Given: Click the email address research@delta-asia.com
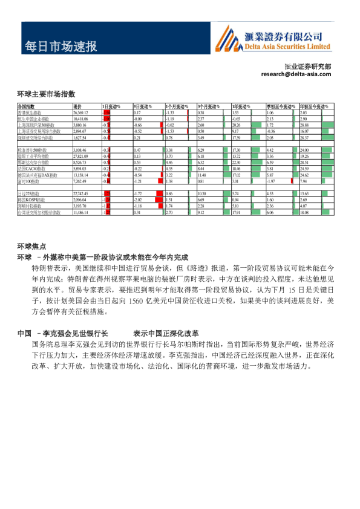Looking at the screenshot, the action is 296,74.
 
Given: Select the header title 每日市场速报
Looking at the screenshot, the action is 61,46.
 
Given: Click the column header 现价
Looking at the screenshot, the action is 77,106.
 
